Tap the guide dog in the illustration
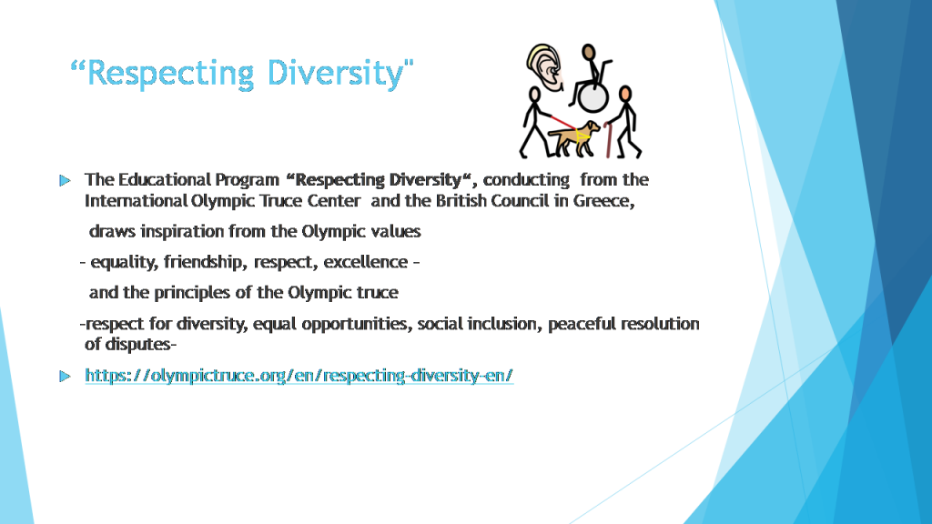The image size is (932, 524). point(579,136)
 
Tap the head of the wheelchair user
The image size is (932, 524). point(589,52)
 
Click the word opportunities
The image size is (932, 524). point(355,324)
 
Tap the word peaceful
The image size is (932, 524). point(579,324)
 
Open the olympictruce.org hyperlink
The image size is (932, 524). point(299,375)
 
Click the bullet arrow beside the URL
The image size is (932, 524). point(64,376)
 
